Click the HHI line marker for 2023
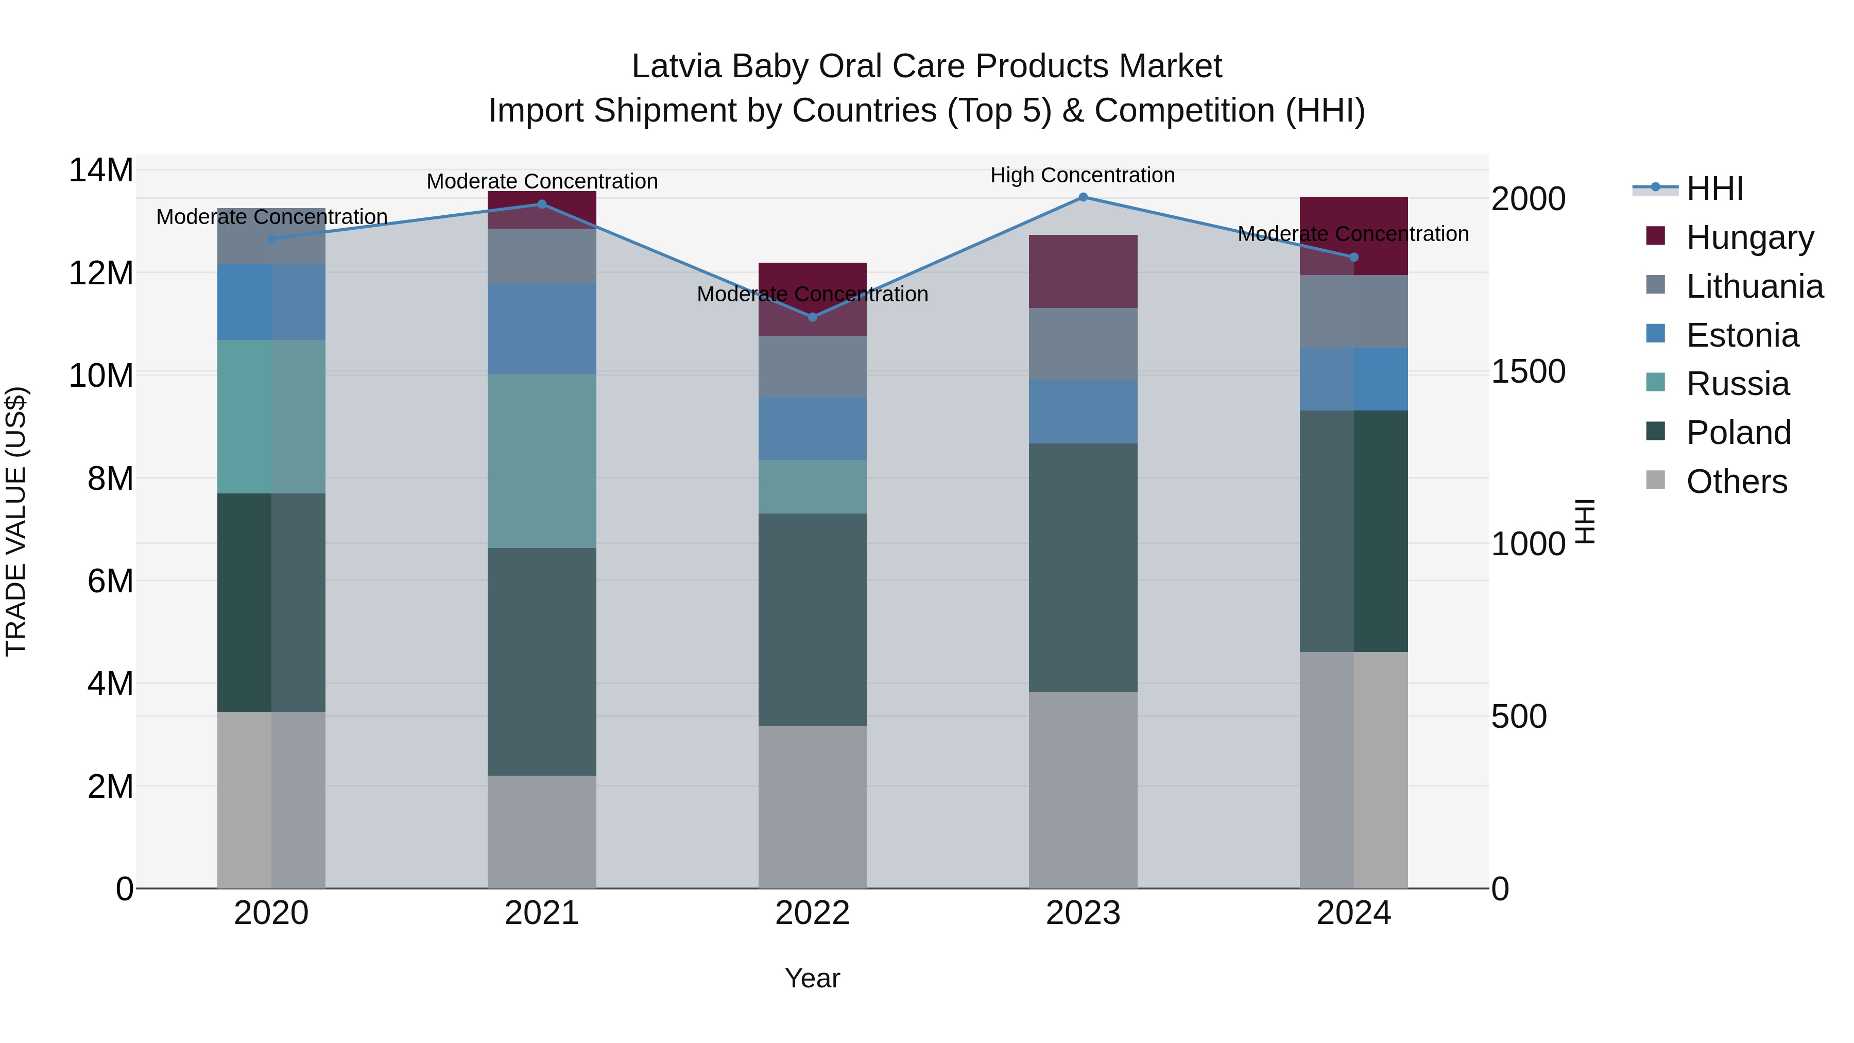click(1083, 197)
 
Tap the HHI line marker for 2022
click(813, 317)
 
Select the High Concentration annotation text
click(1083, 175)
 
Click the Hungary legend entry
click(1749, 237)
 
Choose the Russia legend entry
click(1738, 384)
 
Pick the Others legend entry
click(1736, 482)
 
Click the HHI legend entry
click(1714, 189)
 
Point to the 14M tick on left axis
click(101, 170)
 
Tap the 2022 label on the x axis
click(813, 913)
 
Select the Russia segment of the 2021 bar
click(542, 460)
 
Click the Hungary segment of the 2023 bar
click(1083, 271)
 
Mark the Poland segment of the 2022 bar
click(813, 619)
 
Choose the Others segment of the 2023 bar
click(1083, 790)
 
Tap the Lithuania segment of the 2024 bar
click(1353, 312)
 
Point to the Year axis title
click(813, 978)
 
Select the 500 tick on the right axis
click(1519, 716)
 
